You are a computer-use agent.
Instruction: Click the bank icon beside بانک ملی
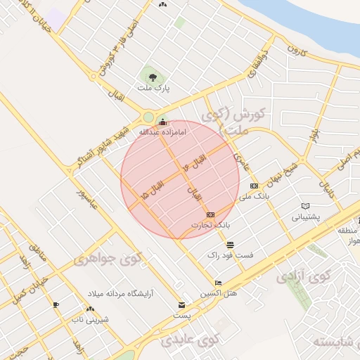click(x=254, y=186)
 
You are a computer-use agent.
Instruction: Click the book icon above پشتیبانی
click(x=305, y=206)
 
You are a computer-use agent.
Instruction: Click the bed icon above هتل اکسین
click(x=219, y=283)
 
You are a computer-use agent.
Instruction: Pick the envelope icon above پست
click(x=182, y=305)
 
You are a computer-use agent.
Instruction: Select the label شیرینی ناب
click(x=89, y=319)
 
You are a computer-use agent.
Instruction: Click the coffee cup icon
click(x=56, y=304)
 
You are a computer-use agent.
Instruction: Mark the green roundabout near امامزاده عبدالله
click(x=147, y=117)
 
